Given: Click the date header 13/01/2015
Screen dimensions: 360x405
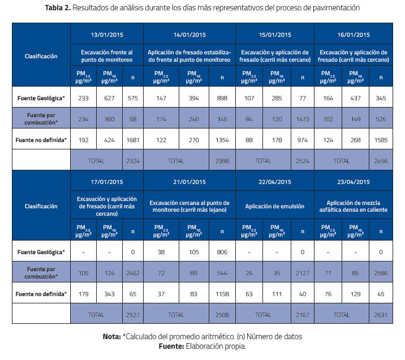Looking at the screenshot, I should pos(106,35).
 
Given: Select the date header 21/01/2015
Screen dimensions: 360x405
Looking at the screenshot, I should pos(189,182).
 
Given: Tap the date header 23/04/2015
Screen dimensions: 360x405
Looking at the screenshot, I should pos(353,182).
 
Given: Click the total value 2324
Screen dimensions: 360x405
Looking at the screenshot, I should pos(133,161).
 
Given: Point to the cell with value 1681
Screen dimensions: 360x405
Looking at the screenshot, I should pos(133,139).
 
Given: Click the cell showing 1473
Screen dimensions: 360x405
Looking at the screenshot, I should pos(301,119).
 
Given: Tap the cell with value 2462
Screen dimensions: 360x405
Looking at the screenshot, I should pos(133,272).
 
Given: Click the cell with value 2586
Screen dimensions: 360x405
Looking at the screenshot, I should pos(381,272).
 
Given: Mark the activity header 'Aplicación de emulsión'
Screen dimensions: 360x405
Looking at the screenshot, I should pos(271,207).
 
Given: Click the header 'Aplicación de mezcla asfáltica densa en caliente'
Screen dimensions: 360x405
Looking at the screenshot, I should pos(353,207).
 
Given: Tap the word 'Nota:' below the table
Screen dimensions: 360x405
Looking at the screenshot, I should pos(111,336).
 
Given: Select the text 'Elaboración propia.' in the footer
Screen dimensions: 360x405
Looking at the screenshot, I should pos(216,345).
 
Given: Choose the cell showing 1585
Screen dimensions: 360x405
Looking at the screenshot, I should pos(381,139).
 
